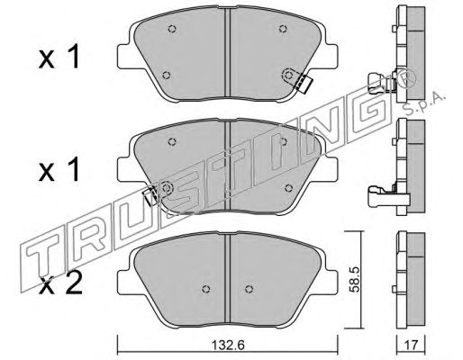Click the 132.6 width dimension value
pos(228,345)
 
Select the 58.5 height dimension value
pos(355,281)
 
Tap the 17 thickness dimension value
pos(411,345)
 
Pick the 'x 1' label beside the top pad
pos(59,57)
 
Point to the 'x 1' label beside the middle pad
pos(59,169)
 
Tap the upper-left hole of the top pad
pos(172,29)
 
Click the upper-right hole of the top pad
pos(283,29)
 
